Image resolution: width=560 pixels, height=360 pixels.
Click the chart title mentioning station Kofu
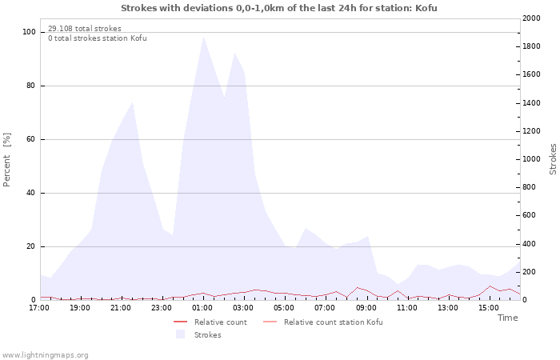[279, 8]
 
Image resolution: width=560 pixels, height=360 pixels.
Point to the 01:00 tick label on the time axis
[202, 308]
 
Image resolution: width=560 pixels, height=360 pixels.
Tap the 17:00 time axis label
[39, 308]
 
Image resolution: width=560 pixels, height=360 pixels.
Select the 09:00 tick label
[366, 308]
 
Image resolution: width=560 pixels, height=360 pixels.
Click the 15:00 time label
[489, 308]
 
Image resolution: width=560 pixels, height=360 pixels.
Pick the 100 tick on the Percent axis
[29, 32]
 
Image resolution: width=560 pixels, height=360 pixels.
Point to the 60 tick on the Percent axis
[30, 139]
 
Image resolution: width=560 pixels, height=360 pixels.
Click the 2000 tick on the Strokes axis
[531, 18]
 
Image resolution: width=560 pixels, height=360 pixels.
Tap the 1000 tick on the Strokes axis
[531, 159]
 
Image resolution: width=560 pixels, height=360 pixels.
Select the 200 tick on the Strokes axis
[530, 272]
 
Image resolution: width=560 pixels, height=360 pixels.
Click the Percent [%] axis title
[6, 160]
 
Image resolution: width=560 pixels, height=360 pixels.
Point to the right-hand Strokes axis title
[553, 159]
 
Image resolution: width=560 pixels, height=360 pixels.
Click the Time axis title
[507, 318]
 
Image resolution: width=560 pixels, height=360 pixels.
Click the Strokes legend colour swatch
[180, 334]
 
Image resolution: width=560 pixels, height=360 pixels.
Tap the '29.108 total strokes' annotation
[85, 29]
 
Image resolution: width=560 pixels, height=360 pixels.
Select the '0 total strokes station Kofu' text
[98, 38]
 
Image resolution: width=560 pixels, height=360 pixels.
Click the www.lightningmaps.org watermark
[45, 355]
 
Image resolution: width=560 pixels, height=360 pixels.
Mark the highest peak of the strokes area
[203, 36]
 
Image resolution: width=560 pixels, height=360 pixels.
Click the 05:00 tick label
[284, 308]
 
